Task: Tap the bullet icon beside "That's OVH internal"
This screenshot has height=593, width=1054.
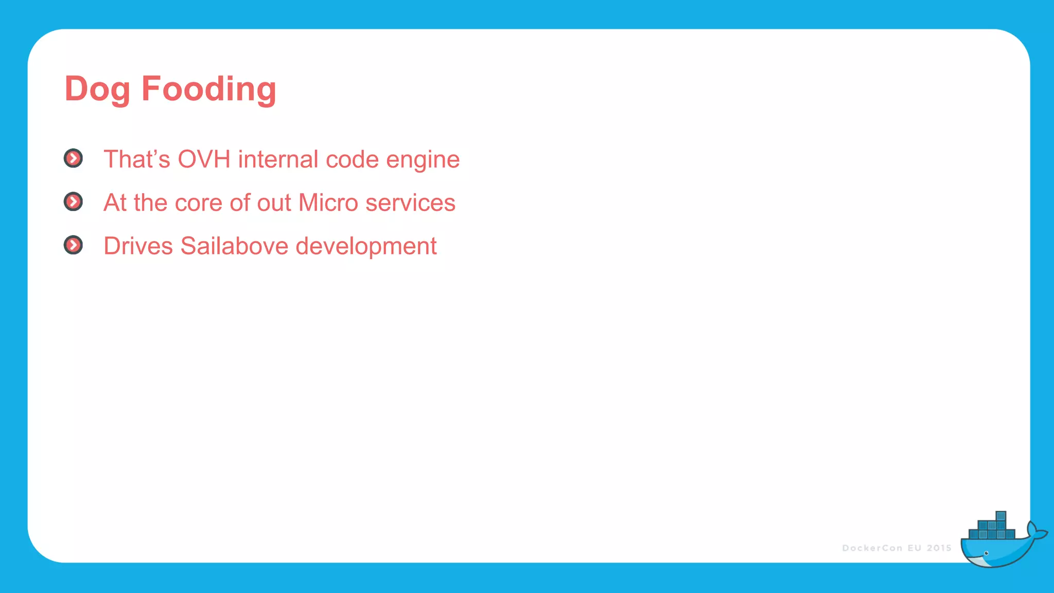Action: click(73, 159)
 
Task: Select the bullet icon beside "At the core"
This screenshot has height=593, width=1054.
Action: click(73, 202)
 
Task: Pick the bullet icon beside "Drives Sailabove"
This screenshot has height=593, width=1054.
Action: click(73, 245)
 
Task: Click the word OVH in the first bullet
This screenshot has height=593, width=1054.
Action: click(204, 160)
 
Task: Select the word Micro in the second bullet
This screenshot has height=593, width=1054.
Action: click(328, 203)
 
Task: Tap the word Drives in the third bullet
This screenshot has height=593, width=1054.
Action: click(138, 246)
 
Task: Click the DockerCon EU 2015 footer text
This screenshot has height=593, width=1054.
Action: click(897, 548)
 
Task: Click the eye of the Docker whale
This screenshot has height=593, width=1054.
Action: click(986, 553)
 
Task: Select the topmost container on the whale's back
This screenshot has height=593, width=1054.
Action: click(1001, 516)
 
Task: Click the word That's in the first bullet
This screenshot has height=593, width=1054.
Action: click(136, 160)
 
